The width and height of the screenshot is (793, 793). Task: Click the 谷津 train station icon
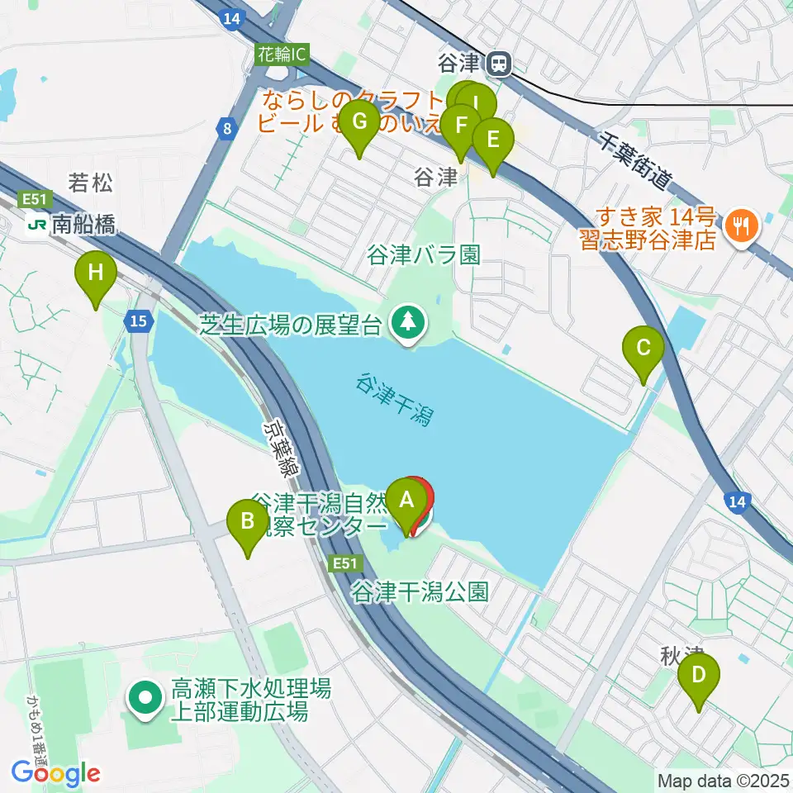click(x=498, y=62)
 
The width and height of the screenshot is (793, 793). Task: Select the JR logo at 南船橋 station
click(x=37, y=223)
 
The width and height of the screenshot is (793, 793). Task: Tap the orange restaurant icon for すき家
click(x=740, y=224)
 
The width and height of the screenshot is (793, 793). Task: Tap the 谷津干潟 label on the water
click(x=395, y=400)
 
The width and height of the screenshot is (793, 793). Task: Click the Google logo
click(x=55, y=773)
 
